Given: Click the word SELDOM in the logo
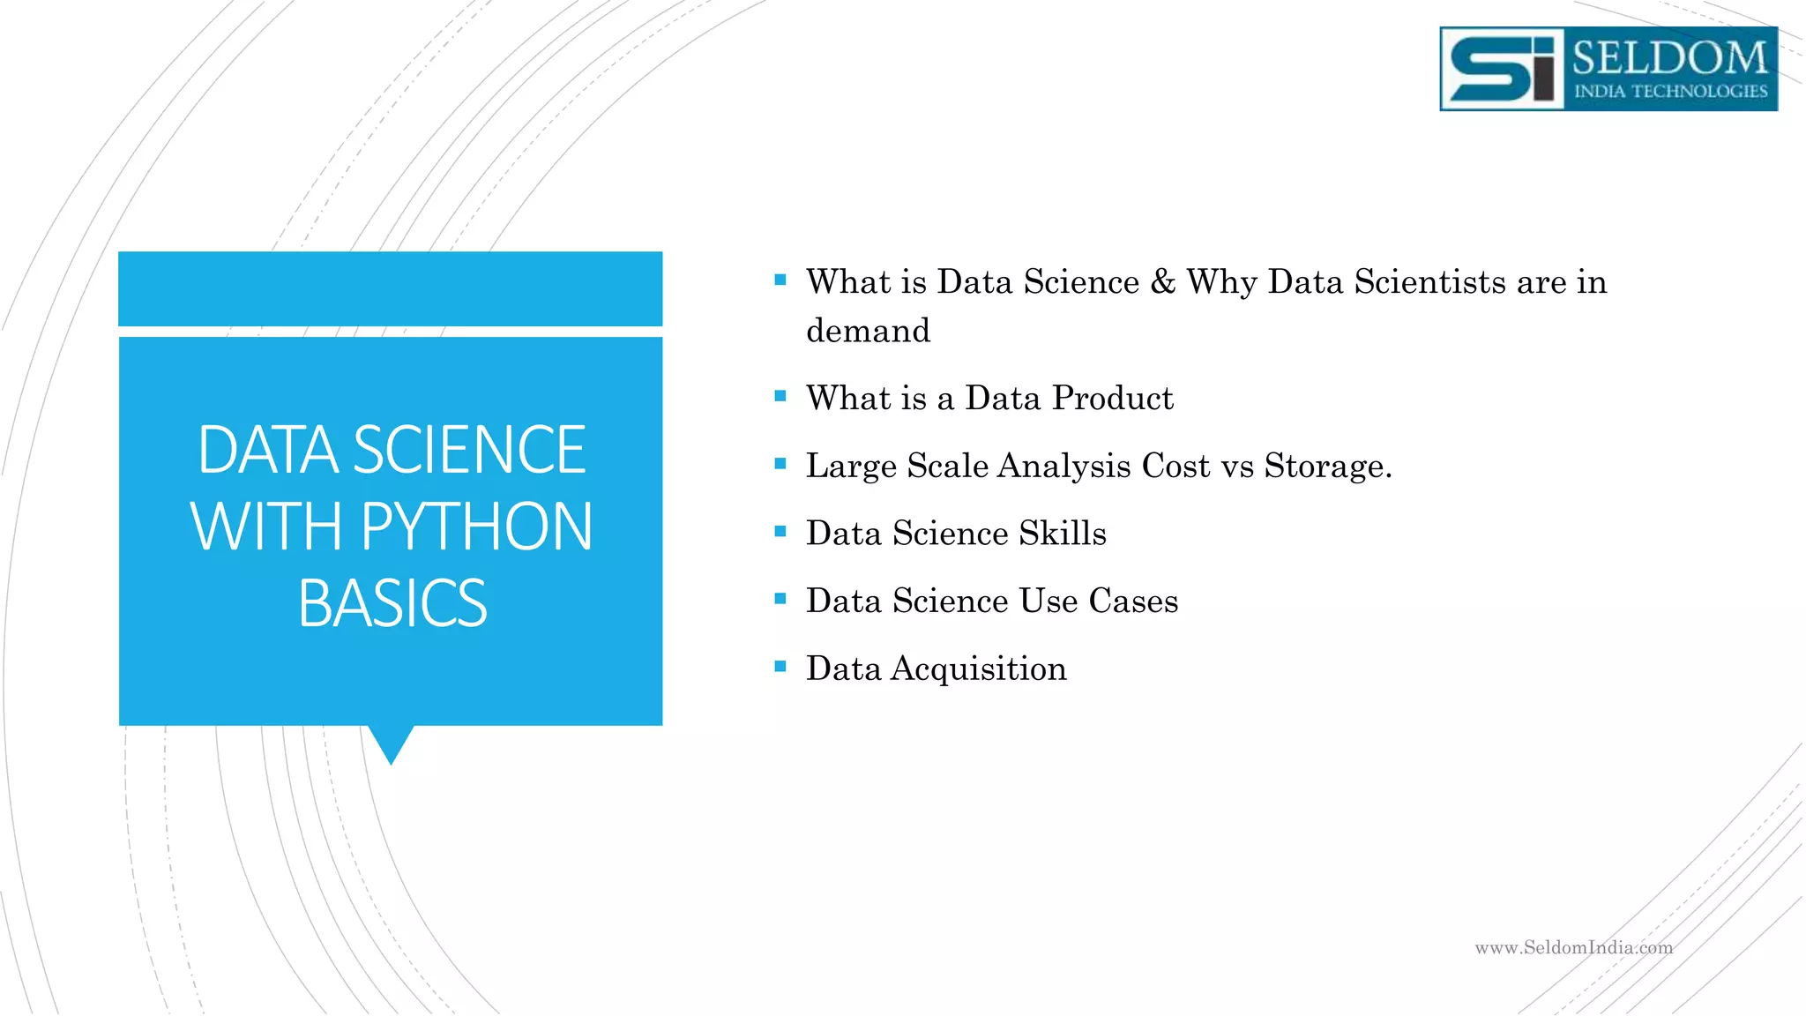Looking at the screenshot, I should coord(1669,58).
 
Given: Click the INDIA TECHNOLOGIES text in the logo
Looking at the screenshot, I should coord(1670,92).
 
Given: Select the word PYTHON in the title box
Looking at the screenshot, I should coord(476,527).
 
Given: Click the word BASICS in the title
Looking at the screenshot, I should coord(392,604).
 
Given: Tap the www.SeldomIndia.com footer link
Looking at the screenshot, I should coord(1573,948).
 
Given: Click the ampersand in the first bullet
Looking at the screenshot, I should coord(1163,282).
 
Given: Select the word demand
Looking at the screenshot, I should coord(868,331).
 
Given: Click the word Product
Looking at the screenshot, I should coord(1113,399).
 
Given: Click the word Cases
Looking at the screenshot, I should coord(1133,601).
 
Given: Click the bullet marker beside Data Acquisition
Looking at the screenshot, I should coord(780,667).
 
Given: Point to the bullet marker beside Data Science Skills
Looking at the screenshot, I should coord(780,532).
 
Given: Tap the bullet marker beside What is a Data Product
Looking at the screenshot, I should coord(780,397).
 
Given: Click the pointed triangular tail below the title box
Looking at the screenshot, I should coord(391,743).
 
